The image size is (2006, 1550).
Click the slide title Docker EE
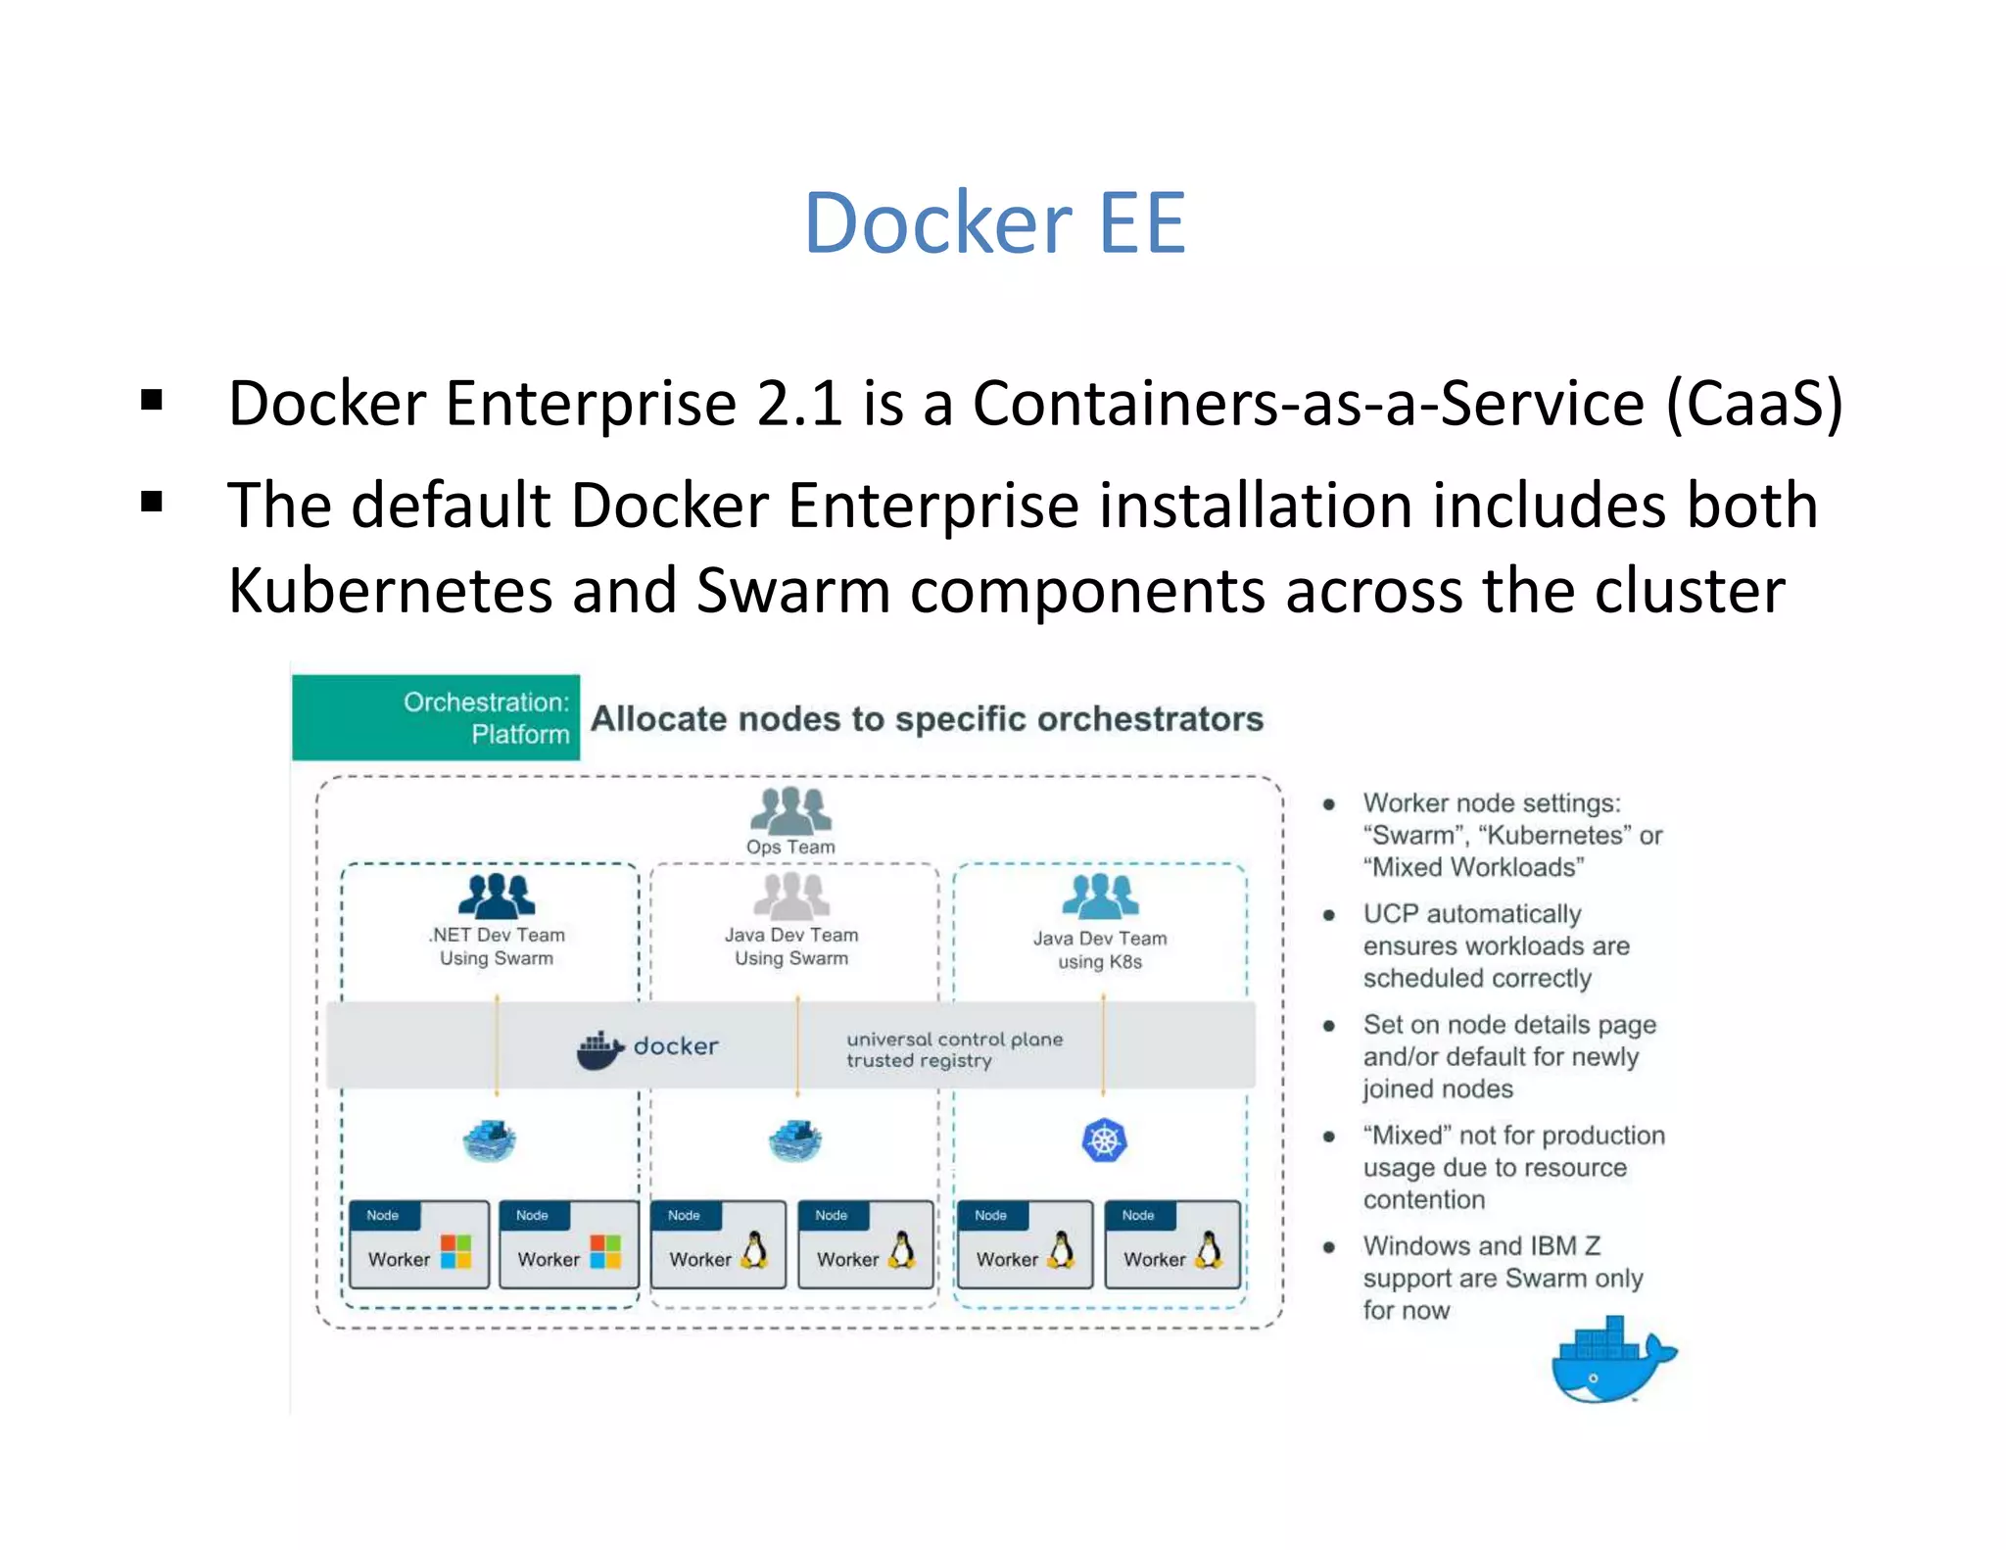(x=994, y=223)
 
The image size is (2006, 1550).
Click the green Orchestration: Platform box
(x=436, y=717)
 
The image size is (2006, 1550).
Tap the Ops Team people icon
(x=790, y=810)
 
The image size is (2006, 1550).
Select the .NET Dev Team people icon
(x=497, y=895)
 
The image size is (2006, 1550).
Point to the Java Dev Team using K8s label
(x=1100, y=949)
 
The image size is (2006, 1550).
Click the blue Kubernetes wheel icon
(x=1104, y=1140)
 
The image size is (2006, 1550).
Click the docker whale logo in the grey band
(x=600, y=1048)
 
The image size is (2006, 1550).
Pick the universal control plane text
(x=954, y=1040)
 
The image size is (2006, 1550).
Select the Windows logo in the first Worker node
(x=456, y=1251)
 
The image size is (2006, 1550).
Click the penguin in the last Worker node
(x=1211, y=1251)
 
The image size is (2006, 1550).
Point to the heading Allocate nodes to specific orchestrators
(x=927, y=718)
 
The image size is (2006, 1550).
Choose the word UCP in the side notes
(x=1391, y=913)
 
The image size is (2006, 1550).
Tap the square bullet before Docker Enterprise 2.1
(x=152, y=400)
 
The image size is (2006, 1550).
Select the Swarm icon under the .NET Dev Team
(x=489, y=1140)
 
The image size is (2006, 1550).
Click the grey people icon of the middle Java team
(x=791, y=895)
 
